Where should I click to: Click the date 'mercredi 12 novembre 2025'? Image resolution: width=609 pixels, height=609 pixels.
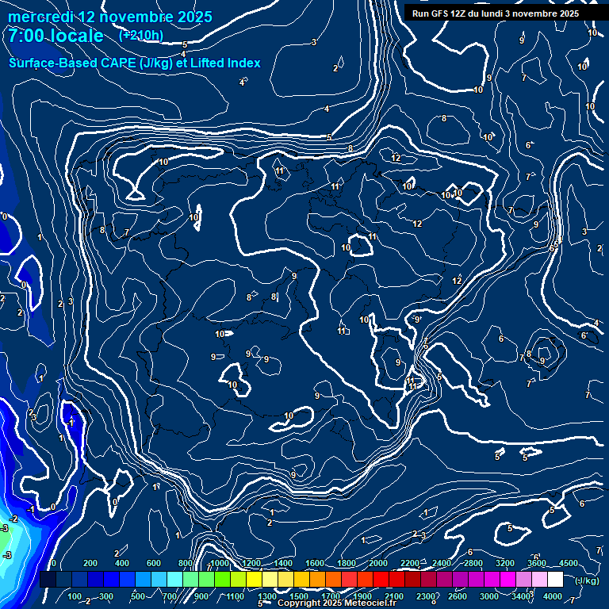[109, 17]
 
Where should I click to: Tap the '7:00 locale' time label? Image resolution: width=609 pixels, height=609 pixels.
[56, 36]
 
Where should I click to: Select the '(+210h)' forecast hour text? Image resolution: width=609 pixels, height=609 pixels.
[141, 35]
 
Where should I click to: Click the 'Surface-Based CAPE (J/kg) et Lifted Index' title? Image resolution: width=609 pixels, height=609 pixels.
[135, 63]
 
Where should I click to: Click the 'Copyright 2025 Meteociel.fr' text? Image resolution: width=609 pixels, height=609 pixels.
[336, 603]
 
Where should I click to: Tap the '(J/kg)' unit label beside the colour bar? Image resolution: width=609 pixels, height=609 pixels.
[588, 580]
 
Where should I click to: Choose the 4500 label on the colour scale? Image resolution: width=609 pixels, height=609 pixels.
[568, 563]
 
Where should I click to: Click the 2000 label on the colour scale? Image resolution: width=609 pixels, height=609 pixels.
[378, 563]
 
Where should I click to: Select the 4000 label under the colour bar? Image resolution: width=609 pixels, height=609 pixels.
[553, 596]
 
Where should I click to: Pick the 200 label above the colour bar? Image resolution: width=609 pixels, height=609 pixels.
[90, 563]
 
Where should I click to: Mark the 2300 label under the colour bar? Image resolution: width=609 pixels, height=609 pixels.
[426, 596]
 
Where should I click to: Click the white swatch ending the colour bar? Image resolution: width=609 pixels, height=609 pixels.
[577, 580]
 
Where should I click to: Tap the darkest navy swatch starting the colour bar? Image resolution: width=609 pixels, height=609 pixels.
[48, 580]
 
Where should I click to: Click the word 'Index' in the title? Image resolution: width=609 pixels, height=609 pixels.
[243, 63]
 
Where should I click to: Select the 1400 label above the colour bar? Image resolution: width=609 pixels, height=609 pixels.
[282, 563]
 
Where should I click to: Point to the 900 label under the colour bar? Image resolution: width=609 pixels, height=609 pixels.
[201, 596]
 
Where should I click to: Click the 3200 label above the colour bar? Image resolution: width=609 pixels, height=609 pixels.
[505, 563]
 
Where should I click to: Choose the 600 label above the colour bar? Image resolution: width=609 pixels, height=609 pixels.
[153, 563]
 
